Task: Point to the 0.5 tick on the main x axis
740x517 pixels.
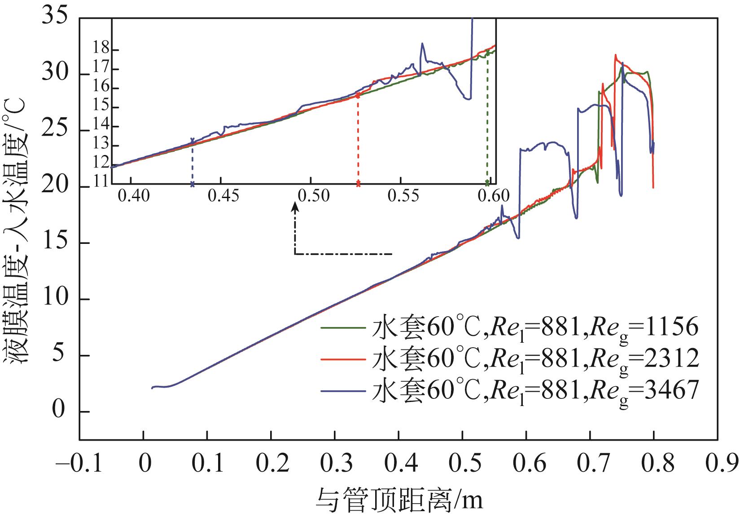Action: tap(462, 464)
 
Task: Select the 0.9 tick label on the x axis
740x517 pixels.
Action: tap(718, 464)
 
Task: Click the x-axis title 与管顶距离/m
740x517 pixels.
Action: tap(400, 499)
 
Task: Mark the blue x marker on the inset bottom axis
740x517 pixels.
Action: tap(193, 184)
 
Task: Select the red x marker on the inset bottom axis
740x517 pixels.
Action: tap(358, 184)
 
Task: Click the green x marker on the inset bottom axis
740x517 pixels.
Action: tap(487, 184)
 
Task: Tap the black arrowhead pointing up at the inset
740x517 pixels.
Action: tap(295, 206)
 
